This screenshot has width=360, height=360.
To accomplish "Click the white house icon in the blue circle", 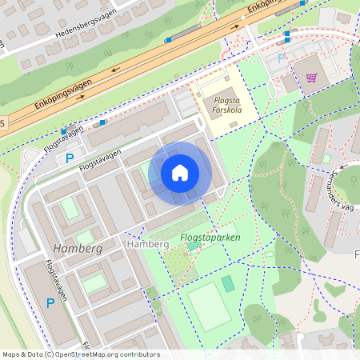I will (x=180, y=173).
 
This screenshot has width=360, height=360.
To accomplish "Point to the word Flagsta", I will (x=216, y=100).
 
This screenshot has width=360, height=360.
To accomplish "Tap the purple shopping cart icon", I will (x=311, y=78).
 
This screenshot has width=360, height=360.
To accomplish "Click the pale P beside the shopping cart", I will (x=280, y=58).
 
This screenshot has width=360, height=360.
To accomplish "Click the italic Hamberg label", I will (x=78, y=249).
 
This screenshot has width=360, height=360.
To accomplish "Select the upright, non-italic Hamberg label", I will (x=147, y=243).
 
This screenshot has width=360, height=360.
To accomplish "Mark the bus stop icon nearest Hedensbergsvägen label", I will (x=168, y=40).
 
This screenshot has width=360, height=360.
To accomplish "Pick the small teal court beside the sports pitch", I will (x=228, y=283).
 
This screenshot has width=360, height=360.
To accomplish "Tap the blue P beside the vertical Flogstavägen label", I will (x=50, y=303).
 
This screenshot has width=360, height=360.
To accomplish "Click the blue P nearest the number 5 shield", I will (x=70, y=158).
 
